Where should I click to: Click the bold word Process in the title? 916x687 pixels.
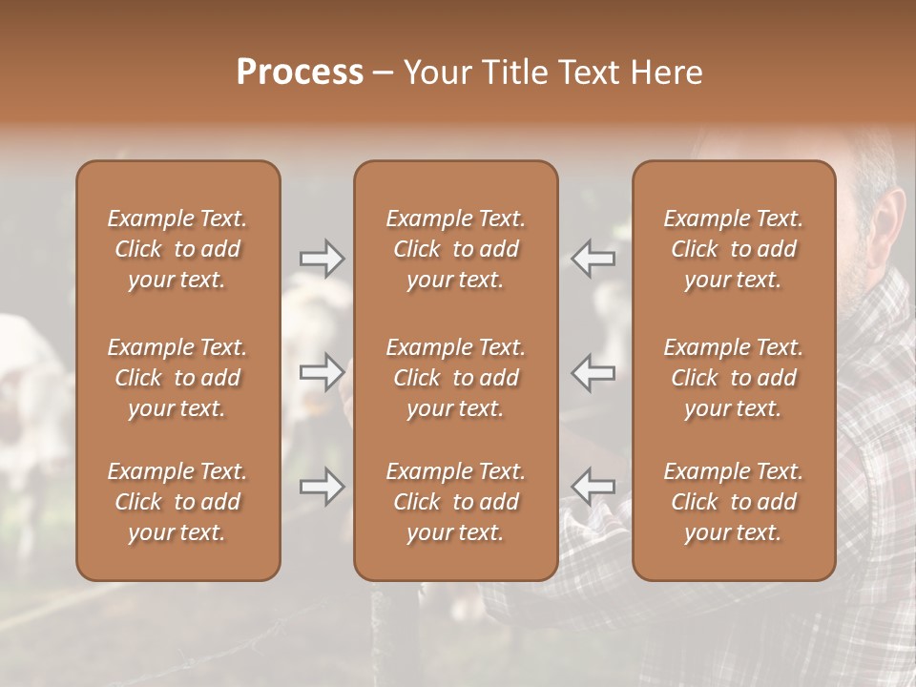click(x=300, y=73)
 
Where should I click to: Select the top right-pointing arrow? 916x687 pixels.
click(x=323, y=259)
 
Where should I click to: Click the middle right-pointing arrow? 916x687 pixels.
click(x=323, y=371)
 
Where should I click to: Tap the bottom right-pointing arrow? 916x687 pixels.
click(x=323, y=488)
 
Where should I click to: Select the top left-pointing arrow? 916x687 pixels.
click(x=593, y=259)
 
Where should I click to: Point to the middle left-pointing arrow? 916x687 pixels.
click(x=593, y=371)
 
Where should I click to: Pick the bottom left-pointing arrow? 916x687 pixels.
click(x=593, y=488)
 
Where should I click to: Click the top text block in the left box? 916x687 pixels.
click(x=177, y=249)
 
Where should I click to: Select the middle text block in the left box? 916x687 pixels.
click(x=177, y=378)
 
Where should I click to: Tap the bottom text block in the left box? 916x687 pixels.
click(x=177, y=502)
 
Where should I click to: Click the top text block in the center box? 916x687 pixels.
click(x=456, y=249)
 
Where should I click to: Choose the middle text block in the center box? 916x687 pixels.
click(x=456, y=378)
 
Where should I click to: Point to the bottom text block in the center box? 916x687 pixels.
click(x=456, y=502)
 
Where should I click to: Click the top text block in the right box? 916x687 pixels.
click(x=734, y=249)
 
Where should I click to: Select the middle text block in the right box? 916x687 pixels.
click(x=734, y=378)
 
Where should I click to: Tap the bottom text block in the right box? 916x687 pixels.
click(x=734, y=502)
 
